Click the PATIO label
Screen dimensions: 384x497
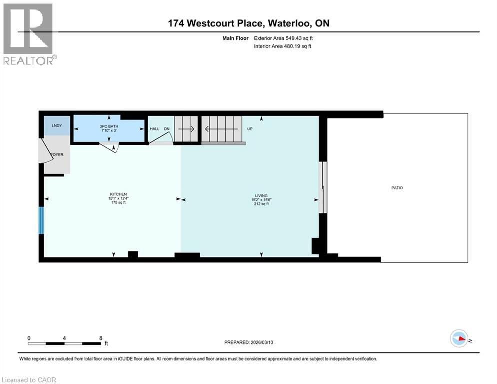(x=397, y=188)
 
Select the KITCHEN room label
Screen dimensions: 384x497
(x=118, y=194)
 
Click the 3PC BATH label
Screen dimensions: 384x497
(x=108, y=126)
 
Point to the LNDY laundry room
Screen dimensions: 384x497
(x=57, y=126)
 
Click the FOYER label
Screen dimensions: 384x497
(x=57, y=155)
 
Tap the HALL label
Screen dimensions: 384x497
(x=154, y=129)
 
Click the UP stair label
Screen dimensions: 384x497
(x=250, y=129)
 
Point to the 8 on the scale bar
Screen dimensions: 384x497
(x=101, y=338)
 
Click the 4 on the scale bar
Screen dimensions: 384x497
(x=65, y=338)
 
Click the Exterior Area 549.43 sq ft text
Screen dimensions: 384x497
(x=284, y=38)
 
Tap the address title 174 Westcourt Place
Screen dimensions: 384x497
(x=248, y=23)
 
